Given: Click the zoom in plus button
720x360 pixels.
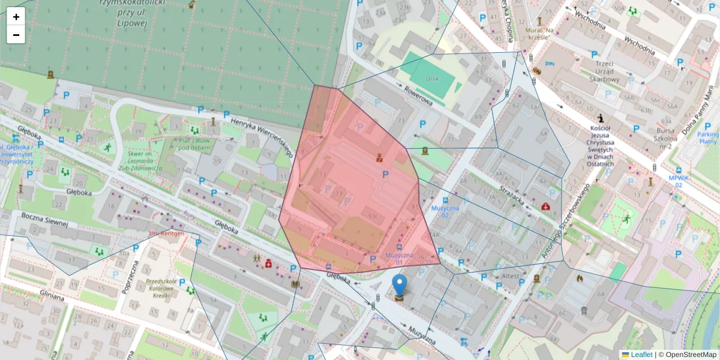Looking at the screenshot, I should pos(16,17).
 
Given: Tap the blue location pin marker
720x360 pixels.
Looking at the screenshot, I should pos(400,286).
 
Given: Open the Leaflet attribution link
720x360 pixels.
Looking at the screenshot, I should pos(641,355).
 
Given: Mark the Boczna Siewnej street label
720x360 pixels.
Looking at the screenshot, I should pos(45,219).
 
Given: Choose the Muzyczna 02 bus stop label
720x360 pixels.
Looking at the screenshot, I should pos(445,211).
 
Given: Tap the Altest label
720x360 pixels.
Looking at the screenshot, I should pos(511,276).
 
